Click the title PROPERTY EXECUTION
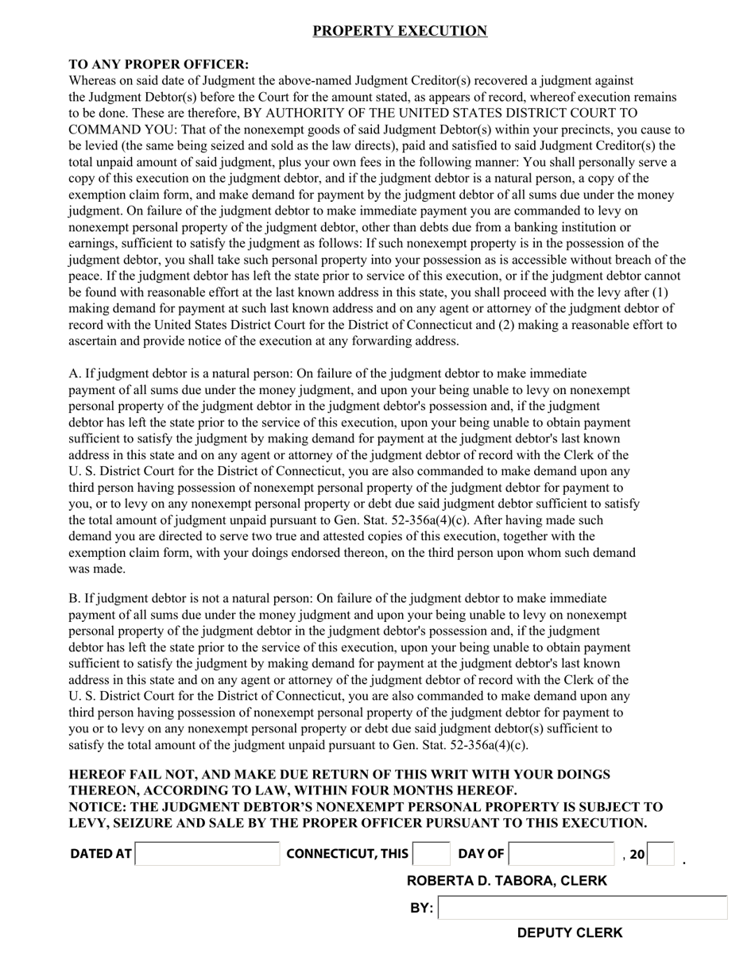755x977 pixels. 399,31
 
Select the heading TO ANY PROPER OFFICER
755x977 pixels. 158,64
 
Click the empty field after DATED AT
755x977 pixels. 207,854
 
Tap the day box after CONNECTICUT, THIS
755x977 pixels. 432,854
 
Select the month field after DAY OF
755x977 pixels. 561,854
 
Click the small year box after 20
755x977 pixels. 660,855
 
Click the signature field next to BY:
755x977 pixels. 583,908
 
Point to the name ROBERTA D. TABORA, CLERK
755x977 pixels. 506,881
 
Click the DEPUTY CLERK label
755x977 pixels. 570,933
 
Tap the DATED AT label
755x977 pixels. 100,854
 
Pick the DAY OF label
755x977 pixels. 481,854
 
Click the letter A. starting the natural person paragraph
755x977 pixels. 75,373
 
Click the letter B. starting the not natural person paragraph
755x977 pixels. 75,598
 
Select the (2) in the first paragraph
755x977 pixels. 507,325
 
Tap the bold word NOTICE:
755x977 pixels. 98,807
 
